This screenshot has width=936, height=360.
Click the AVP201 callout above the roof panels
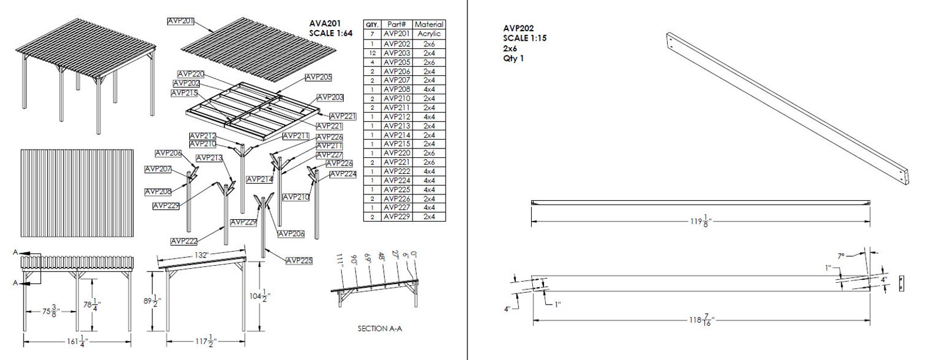click(181, 21)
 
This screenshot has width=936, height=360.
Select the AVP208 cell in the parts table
click(397, 89)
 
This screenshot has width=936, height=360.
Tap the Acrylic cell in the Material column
click(429, 34)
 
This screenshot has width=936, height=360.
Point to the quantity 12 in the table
click(372, 52)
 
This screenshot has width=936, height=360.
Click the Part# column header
click(397, 25)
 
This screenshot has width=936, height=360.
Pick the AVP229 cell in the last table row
click(397, 217)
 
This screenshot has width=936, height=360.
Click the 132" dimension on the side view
click(200, 255)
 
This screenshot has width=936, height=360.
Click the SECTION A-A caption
click(380, 328)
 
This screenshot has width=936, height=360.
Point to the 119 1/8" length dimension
click(700, 222)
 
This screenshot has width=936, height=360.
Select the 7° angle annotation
click(841, 256)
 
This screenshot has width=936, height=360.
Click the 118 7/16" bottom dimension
click(702, 321)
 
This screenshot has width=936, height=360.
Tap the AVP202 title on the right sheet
click(519, 28)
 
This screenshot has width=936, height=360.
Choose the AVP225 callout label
click(299, 260)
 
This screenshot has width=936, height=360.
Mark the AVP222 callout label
click(184, 241)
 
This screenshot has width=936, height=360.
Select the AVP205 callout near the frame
click(318, 77)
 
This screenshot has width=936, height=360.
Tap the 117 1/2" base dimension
click(206, 340)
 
